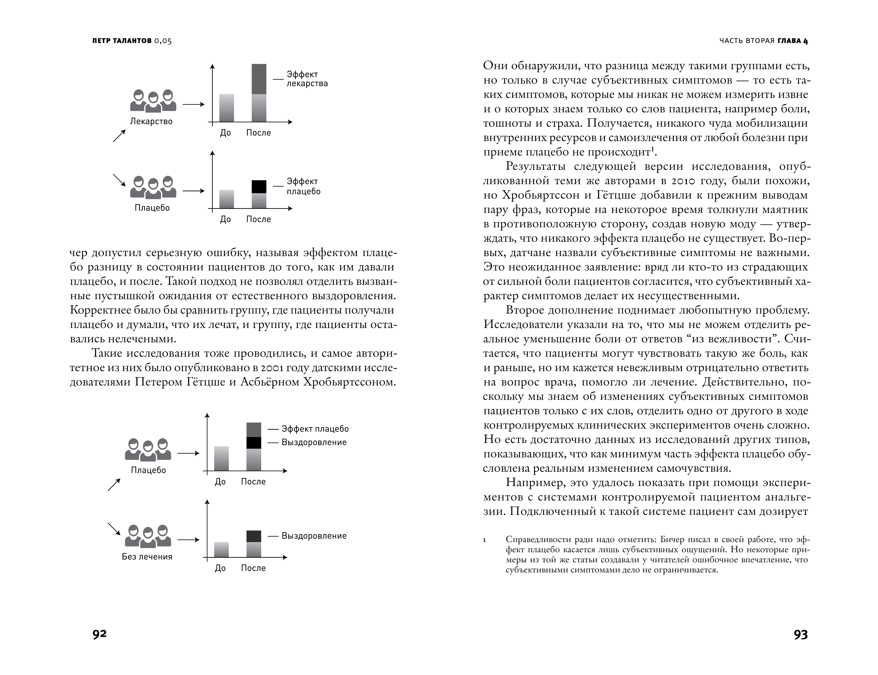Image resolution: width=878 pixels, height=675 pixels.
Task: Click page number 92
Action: click(100, 634)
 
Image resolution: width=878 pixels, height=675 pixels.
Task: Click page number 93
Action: click(800, 634)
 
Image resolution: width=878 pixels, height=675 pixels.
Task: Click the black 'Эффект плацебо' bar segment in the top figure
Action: click(259, 187)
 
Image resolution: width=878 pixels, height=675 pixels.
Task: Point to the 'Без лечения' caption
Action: click(147, 556)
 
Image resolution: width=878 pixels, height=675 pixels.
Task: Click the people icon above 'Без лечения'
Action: click(148, 536)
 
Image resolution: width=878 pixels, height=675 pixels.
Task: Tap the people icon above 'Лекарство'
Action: click(153, 101)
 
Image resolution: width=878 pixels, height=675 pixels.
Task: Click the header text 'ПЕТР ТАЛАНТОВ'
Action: click(122, 41)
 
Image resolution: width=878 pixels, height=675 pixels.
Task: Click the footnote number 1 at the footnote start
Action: click(485, 540)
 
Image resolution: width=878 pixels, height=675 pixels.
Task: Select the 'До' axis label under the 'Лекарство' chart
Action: click(225, 133)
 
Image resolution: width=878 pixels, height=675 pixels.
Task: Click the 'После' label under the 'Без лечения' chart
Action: click(253, 568)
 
